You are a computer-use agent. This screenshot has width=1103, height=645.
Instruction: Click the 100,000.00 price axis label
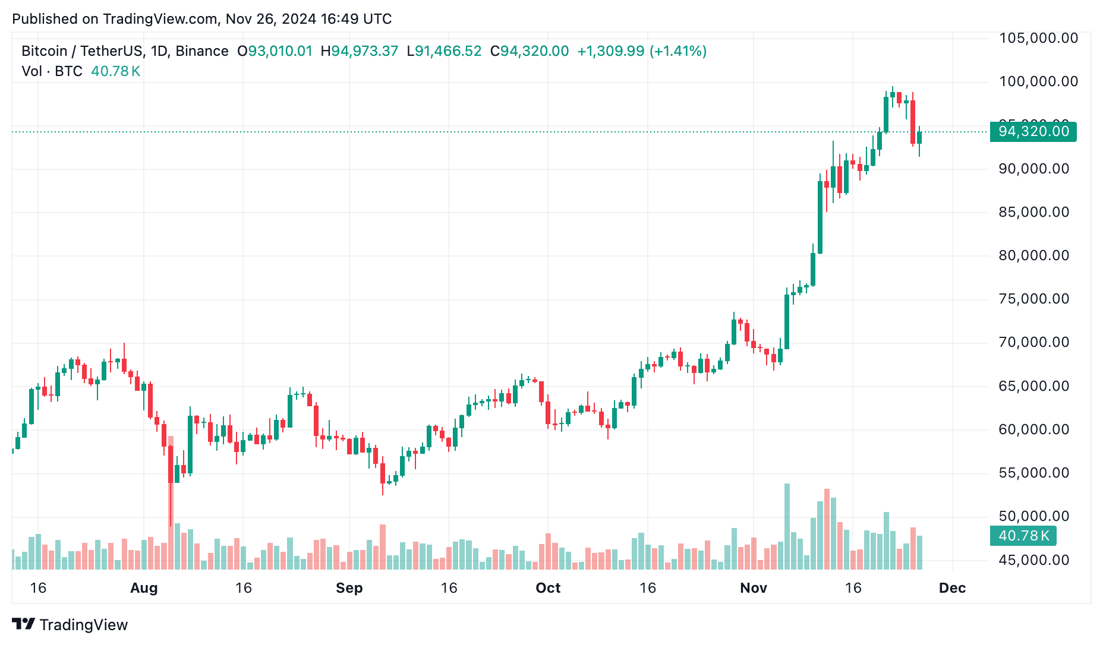click(1038, 81)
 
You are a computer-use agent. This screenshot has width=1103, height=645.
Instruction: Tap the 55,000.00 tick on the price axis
click(1033, 473)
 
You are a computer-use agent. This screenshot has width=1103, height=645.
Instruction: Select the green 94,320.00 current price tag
click(1033, 131)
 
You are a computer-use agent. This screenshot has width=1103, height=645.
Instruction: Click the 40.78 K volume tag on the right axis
click(1023, 536)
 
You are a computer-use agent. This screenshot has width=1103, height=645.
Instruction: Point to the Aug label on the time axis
click(144, 588)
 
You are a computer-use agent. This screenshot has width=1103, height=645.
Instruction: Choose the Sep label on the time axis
click(349, 588)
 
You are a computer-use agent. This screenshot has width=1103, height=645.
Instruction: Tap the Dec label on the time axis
click(952, 588)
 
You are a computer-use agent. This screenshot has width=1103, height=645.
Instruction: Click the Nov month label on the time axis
click(753, 588)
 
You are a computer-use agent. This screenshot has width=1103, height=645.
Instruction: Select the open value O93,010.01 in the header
click(275, 51)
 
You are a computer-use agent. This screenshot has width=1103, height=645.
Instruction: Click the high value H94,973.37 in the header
click(359, 51)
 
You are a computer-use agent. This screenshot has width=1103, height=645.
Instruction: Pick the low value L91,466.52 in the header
click(444, 51)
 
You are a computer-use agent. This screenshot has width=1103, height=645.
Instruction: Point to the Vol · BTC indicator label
click(52, 71)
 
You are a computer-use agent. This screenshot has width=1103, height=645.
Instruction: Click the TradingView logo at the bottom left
click(70, 625)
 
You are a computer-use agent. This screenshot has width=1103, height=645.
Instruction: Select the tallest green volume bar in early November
click(787, 526)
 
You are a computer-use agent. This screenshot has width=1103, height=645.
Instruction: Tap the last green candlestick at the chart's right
click(919, 138)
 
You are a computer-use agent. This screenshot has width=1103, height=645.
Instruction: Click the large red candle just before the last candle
click(913, 122)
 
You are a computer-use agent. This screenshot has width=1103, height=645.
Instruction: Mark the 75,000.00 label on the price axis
click(1033, 299)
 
